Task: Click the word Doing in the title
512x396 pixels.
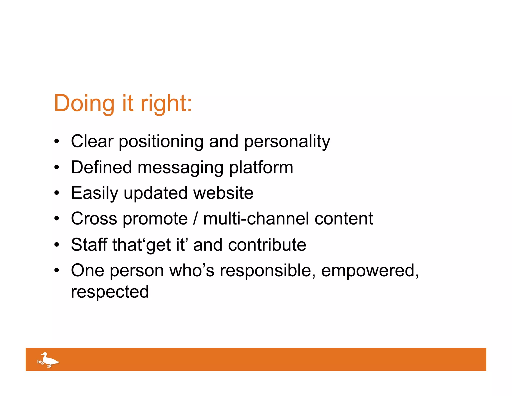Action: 84,103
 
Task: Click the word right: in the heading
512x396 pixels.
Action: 166,104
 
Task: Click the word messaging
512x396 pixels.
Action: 180,168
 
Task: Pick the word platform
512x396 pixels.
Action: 261,168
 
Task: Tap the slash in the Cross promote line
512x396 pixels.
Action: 195,219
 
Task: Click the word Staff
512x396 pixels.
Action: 89,244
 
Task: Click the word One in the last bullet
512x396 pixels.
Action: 87,270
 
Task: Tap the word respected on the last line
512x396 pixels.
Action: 110,292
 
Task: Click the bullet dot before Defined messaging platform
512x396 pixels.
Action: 57,167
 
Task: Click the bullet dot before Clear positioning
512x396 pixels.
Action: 57,141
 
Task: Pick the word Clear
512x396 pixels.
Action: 92,141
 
